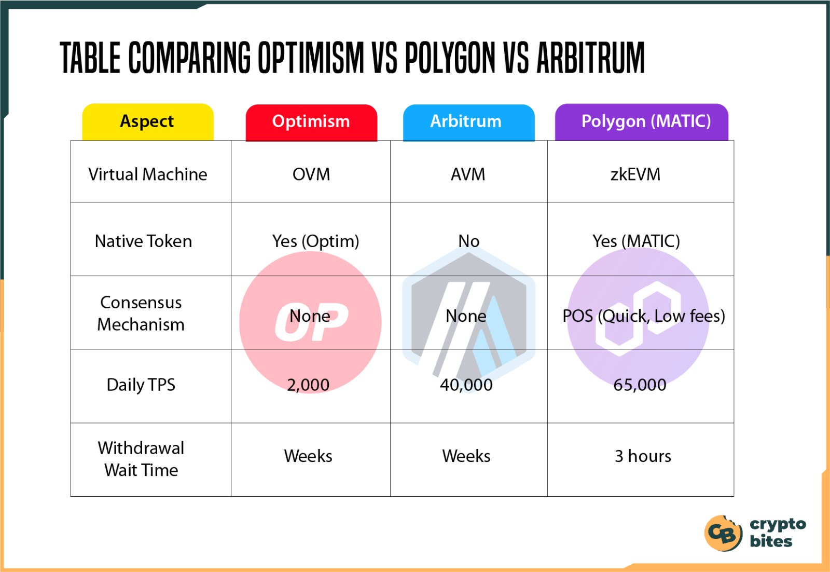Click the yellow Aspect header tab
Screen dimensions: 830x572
click(x=148, y=122)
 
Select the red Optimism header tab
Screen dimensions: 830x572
click(x=311, y=122)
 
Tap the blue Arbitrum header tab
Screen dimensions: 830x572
click(x=469, y=122)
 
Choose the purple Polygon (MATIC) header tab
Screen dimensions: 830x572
click(x=641, y=122)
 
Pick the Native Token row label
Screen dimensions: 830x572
click(x=143, y=241)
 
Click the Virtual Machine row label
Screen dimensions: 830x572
click(x=148, y=174)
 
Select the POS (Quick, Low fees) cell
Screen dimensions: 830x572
click(x=644, y=316)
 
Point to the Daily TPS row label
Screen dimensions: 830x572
click(x=141, y=385)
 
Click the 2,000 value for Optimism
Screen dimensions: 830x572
click(x=308, y=385)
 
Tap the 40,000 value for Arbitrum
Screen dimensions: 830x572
click(x=466, y=385)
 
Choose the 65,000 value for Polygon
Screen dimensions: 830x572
click(x=640, y=385)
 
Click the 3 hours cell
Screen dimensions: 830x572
click(x=643, y=456)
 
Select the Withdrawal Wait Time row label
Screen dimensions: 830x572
click(x=141, y=459)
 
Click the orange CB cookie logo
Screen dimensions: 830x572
click(x=723, y=533)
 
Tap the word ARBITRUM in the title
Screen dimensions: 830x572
click(x=591, y=58)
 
